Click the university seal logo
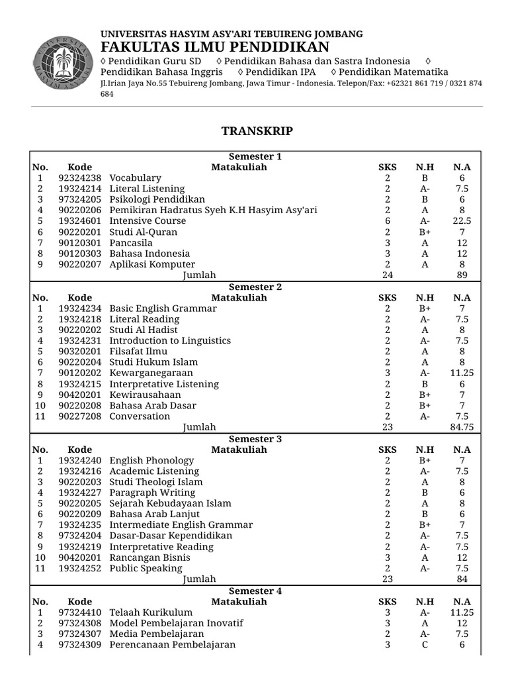[61, 64]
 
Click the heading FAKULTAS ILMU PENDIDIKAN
[215, 47]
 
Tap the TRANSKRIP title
[257, 131]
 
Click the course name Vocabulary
[135, 178]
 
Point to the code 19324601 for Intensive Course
[80, 221]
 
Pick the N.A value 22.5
[462, 221]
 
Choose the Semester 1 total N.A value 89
[462, 275]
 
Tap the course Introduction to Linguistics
[170, 340]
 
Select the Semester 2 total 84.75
[462, 427]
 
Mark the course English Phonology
[151, 460]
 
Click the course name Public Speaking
[146, 568]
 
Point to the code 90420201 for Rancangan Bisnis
[80, 557]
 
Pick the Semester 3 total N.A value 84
[462, 579]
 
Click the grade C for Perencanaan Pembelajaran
[425, 645]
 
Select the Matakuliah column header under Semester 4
[239, 601]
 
